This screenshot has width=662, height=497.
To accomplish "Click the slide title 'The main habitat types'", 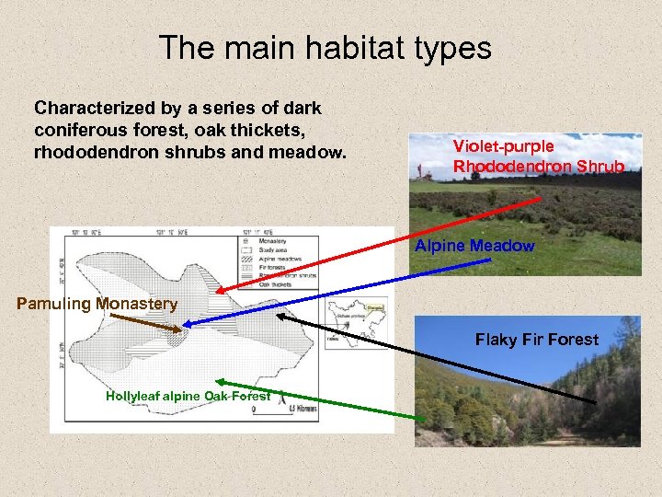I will click(325, 48).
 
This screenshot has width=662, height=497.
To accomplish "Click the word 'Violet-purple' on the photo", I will click(503, 146).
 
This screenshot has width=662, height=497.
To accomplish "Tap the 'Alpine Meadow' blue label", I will click(474, 246).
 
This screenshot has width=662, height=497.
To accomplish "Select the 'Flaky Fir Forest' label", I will click(536, 340).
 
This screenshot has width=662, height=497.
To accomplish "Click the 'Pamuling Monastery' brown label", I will click(97, 304).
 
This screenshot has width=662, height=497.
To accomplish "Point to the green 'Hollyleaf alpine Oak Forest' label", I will click(188, 396).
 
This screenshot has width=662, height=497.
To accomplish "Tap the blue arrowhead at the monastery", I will click(187, 323).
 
